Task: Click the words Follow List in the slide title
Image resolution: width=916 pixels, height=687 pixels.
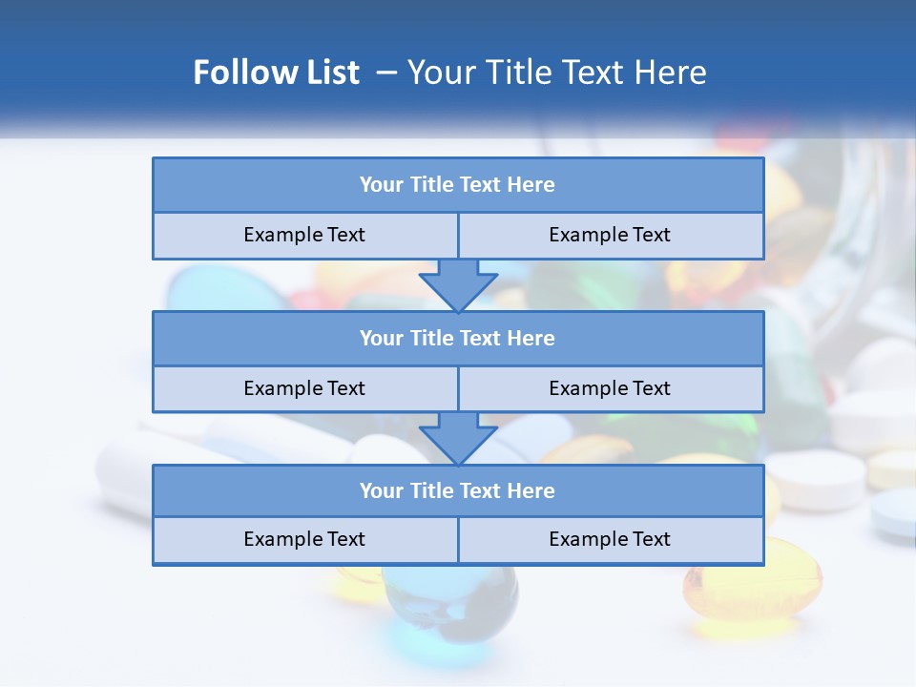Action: (277, 73)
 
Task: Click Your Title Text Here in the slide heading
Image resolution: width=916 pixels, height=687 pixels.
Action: (557, 73)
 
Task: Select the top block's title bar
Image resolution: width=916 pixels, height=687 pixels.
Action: (458, 185)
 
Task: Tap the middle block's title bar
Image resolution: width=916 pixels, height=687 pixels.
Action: (458, 338)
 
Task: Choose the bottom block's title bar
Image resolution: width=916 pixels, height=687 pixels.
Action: (458, 490)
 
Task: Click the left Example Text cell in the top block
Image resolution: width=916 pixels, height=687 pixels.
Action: (304, 235)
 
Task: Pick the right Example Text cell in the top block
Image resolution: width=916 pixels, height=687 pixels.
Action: (610, 235)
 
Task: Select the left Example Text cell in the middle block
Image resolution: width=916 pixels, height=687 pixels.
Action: (304, 388)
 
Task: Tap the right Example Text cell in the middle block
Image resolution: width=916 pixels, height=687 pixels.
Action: (610, 388)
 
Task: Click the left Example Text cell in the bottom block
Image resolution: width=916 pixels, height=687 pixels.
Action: (304, 539)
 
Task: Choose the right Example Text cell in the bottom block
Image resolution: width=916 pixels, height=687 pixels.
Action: (610, 539)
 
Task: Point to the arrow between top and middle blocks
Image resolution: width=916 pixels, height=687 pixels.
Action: (458, 284)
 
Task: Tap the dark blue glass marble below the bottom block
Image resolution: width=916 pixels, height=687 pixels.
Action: (451, 595)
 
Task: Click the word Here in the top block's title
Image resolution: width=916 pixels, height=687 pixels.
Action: (531, 185)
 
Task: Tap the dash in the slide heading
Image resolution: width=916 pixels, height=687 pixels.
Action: (386, 73)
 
